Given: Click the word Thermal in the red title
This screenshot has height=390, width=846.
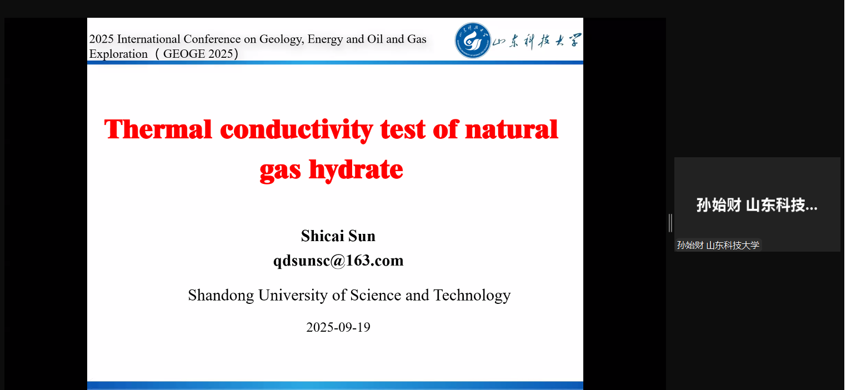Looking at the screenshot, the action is (158, 129).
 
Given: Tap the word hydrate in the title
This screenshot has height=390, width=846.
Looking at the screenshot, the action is (356, 170).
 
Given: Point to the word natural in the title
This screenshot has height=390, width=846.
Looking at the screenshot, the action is (512, 129).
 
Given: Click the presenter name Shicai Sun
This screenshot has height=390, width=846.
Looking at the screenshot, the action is (338, 236).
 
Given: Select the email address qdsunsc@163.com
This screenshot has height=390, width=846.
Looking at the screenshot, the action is (338, 261).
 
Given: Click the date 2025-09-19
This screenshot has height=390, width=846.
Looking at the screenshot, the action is (338, 327).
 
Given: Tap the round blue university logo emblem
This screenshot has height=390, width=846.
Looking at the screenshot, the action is (473, 40).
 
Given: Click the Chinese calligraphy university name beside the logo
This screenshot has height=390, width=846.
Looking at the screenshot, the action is (537, 41).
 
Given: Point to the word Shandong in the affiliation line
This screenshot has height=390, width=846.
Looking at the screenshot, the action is (221, 295).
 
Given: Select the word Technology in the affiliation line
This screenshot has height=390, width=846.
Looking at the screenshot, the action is (472, 296).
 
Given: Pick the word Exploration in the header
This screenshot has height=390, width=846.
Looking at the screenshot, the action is (118, 54).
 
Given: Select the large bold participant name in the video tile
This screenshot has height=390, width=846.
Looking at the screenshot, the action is (757, 205).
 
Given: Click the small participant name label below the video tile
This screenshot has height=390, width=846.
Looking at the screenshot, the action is (718, 245).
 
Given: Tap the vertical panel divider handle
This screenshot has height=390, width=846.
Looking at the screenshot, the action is (670, 223).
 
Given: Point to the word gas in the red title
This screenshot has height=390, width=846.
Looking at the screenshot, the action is (280, 171).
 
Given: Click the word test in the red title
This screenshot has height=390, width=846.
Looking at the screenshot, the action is (402, 130).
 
